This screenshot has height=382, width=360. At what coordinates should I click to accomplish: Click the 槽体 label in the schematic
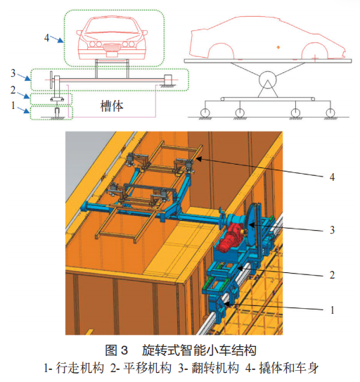112,106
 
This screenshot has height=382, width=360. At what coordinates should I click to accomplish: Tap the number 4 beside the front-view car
46,38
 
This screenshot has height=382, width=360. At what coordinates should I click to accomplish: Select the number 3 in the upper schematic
13,73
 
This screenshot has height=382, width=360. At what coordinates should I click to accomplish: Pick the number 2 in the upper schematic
13,90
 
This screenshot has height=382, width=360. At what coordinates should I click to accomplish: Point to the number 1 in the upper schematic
13,106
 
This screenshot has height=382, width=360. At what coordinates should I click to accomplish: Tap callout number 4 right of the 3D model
332,177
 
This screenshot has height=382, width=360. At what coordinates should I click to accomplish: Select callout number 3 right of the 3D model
332,230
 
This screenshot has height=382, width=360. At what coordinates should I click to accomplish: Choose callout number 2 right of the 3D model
332,275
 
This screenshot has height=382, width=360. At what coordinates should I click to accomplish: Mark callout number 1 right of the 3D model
333,310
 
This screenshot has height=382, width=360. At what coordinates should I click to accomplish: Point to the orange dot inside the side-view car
278,47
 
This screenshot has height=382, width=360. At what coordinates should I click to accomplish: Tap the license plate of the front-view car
111,47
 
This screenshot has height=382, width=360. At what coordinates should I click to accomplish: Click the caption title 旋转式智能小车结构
199,350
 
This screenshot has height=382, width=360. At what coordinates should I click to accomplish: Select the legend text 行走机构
80,368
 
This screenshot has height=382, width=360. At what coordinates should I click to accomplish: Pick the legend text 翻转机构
215,368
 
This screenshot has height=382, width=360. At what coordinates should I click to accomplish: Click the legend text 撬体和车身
289,368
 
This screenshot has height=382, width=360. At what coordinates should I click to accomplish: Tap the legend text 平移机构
148,368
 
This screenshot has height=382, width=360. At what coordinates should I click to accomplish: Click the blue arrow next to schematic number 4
57,39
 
